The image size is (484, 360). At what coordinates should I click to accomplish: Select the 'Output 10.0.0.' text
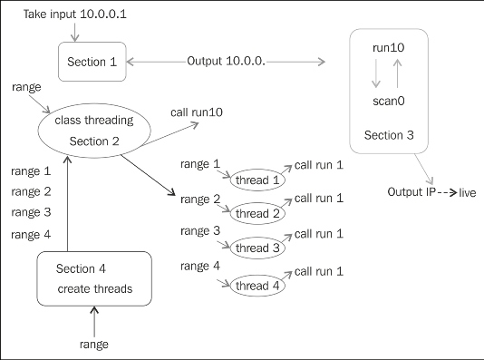(x=226, y=61)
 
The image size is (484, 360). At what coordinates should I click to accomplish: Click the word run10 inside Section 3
(x=389, y=45)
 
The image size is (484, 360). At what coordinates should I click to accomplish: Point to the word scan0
(x=389, y=102)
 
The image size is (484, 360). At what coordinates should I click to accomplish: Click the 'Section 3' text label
(x=389, y=135)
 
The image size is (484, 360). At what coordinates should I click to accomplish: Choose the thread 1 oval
(x=257, y=180)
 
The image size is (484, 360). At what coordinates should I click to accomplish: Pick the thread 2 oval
(x=257, y=213)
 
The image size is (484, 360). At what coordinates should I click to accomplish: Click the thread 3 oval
(x=257, y=247)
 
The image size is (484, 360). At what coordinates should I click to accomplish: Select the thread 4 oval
(x=257, y=286)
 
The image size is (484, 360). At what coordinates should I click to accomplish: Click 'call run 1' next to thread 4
(x=318, y=271)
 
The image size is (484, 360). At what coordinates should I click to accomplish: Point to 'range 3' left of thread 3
(x=200, y=231)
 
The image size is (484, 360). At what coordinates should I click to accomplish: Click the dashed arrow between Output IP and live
(x=447, y=193)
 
